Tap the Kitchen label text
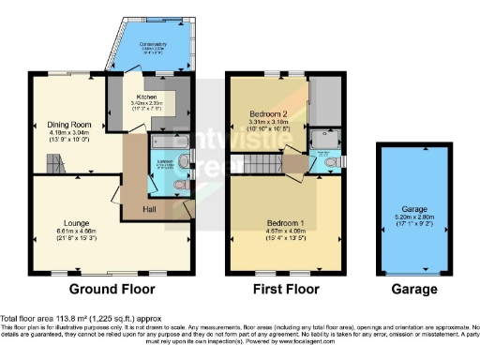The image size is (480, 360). coord(145,96)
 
